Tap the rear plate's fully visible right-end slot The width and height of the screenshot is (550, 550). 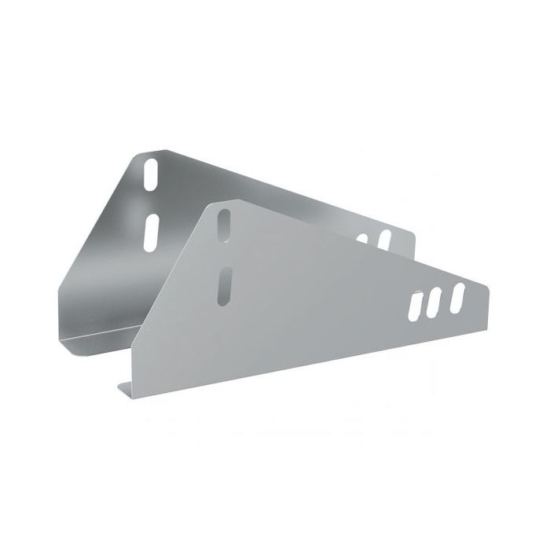coord(385,238)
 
